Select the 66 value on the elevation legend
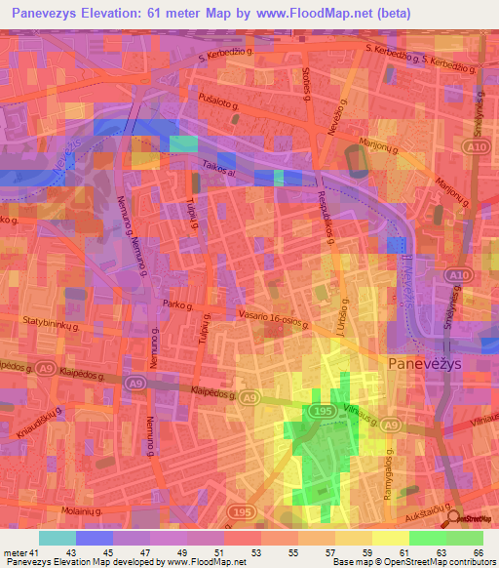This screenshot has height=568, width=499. [478, 554]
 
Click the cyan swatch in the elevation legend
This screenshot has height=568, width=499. [58, 538]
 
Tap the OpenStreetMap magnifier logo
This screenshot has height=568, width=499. [458, 518]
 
